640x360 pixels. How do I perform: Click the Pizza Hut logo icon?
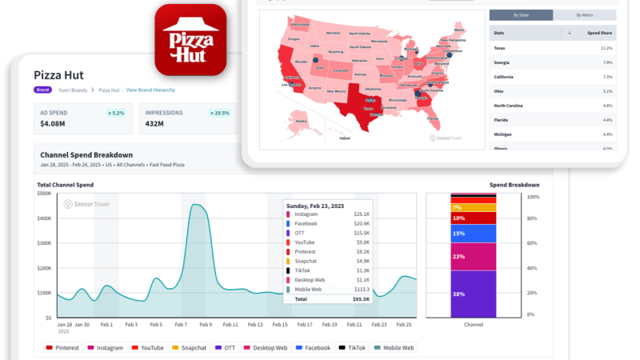coord(190,39)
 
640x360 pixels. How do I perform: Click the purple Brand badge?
coord(43,90)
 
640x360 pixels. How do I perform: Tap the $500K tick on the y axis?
coord(45,194)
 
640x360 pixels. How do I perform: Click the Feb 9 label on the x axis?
coord(206,325)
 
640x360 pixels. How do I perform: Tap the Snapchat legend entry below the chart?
coord(190,348)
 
